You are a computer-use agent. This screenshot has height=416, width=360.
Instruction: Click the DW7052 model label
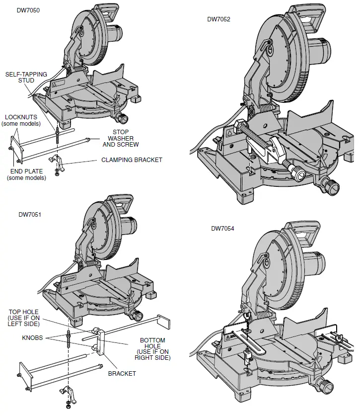[x=219, y=19]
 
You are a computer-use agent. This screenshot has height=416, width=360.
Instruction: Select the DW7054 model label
[x=223, y=229]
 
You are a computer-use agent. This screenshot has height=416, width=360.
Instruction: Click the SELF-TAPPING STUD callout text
[x=26, y=77]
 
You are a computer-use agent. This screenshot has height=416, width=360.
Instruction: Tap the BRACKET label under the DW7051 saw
[x=122, y=374]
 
